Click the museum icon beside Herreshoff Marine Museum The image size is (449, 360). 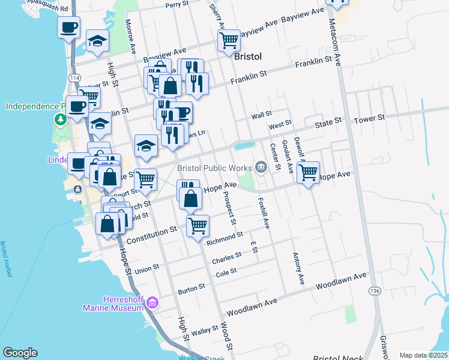point(152,302)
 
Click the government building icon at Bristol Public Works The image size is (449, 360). point(261,167)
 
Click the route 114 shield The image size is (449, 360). point(75,78)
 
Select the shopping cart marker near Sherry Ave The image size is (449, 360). point(228,41)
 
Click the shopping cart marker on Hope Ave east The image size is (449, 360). point(308,173)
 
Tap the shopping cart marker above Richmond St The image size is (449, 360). point(197,226)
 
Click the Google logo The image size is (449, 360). point(20,353)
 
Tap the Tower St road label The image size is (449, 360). point(369,119)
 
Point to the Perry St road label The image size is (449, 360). point(178,5)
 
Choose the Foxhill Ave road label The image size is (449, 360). point(264,213)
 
